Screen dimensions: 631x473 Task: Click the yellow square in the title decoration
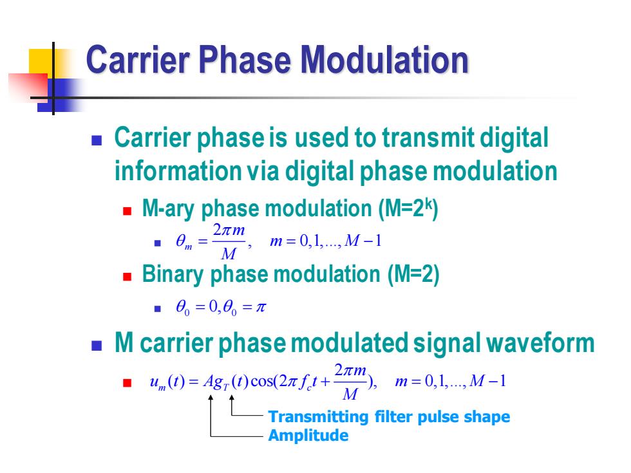pyautogui.click(x=41, y=62)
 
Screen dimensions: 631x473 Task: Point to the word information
pyautogui.click(x=178, y=171)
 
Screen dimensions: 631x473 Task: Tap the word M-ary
pyautogui.click(x=168, y=209)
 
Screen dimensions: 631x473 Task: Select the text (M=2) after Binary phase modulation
pyautogui.click(x=413, y=274)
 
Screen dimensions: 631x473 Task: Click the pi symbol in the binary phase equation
pyautogui.click(x=261, y=308)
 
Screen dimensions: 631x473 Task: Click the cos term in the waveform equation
pyautogui.click(x=262, y=381)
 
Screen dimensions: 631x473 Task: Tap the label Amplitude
pyautogui.click(x=308, y=435)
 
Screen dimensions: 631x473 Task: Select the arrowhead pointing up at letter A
pyautogui.click(x=211, y=398)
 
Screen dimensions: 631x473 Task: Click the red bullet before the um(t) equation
pyautogui.click(x=127, y=382)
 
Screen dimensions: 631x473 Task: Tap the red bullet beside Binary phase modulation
pyautogui.click(x=127, y=277)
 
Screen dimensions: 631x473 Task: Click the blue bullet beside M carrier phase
pyautogui.click(x=97, y=346)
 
